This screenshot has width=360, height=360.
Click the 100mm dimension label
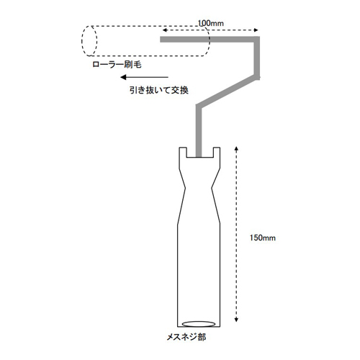coord(211,23)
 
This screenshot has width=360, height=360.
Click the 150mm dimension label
coord(263,238)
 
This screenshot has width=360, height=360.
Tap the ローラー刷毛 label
coord(117,64)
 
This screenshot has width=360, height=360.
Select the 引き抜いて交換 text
coord(159,90)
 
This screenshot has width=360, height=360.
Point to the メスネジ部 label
coord(186,337)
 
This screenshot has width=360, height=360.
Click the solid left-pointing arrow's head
coord(123,77)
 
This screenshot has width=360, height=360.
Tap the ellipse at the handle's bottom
coord(199,324)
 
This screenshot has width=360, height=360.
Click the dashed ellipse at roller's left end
coord(89,41)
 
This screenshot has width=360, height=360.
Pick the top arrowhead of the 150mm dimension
coord(236,149)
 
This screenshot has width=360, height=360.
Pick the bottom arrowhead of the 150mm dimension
coord(236,319)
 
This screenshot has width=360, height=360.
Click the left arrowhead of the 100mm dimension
coord(164,30)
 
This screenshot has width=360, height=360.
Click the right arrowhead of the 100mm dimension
coord(256,30)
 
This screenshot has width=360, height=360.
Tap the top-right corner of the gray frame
coord(260,37)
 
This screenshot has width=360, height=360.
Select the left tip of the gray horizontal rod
coord(161,40)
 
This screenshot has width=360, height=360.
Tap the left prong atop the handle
coord(182,152)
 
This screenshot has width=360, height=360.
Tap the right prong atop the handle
coord(217,152)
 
